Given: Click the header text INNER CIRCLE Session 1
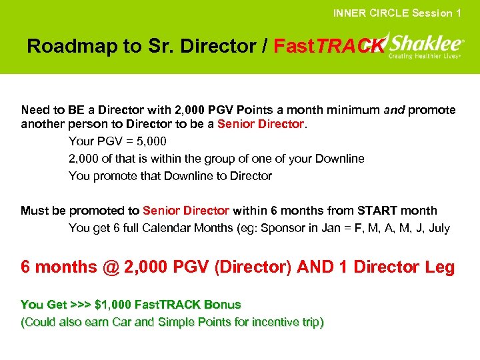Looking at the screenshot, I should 397,13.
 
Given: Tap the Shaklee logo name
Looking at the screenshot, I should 425,43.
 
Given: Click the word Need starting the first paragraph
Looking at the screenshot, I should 35,109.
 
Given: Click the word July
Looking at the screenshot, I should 439,228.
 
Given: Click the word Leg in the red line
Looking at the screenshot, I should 440,267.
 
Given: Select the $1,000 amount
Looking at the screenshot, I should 113,305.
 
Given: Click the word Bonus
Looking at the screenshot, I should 222,305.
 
